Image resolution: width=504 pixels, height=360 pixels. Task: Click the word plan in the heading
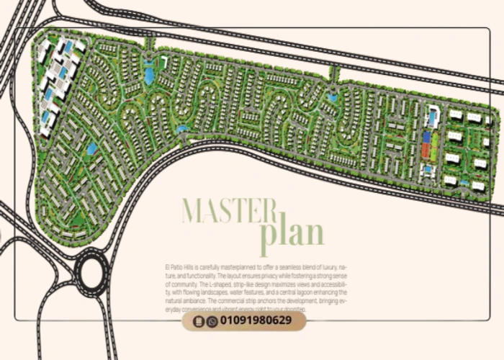(292, 233)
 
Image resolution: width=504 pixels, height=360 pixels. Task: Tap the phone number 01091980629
(256, 320)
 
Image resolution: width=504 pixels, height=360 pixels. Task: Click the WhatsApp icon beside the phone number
(212, 321)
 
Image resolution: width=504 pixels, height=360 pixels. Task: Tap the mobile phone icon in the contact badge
(200, 321)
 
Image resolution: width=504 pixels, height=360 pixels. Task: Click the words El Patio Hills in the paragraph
(176, 267)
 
